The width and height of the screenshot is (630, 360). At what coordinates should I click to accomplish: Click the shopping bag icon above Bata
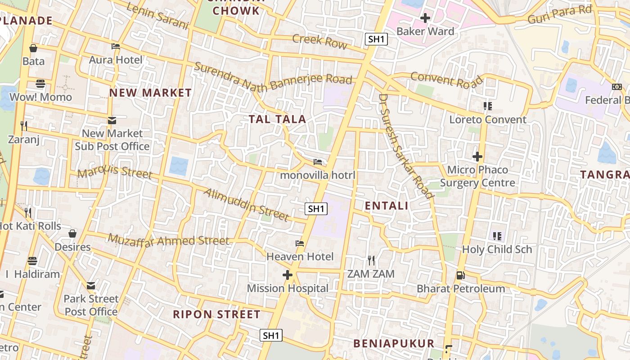[33, 48]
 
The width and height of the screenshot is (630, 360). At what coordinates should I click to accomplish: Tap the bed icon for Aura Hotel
[116, 46]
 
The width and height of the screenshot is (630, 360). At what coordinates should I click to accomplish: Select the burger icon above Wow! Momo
[40, 84]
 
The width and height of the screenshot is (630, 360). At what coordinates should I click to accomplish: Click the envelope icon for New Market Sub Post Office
[112, 120]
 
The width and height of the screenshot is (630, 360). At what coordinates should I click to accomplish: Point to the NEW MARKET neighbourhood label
[150, 93]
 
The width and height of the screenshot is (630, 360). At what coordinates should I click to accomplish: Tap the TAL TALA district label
[277, 119]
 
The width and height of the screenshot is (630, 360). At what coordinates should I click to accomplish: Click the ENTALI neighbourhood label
[386, 206]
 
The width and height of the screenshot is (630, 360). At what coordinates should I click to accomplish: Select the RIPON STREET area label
[216, 314]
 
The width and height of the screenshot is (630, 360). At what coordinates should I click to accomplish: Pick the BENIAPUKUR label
[394, 343]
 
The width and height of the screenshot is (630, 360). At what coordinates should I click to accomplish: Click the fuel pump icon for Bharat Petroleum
[460, 275]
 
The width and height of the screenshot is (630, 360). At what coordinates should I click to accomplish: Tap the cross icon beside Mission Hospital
[288, 275]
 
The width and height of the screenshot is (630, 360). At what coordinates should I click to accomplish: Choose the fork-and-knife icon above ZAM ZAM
[371, 260]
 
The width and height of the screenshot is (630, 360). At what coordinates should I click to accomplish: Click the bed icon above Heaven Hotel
[300, 243]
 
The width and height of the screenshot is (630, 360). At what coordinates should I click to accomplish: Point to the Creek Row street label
[319, 41]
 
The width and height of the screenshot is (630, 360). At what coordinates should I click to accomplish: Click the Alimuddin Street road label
[246, 205]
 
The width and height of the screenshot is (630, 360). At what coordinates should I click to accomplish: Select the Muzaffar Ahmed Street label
[169, 241]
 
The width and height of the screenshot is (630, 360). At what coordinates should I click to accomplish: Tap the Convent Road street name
[446, 80]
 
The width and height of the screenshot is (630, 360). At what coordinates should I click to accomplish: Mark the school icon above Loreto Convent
[487, 106]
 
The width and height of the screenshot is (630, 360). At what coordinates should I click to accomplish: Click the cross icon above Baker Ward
[425, 18]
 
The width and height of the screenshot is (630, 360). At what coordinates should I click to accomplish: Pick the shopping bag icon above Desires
[72, 234]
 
